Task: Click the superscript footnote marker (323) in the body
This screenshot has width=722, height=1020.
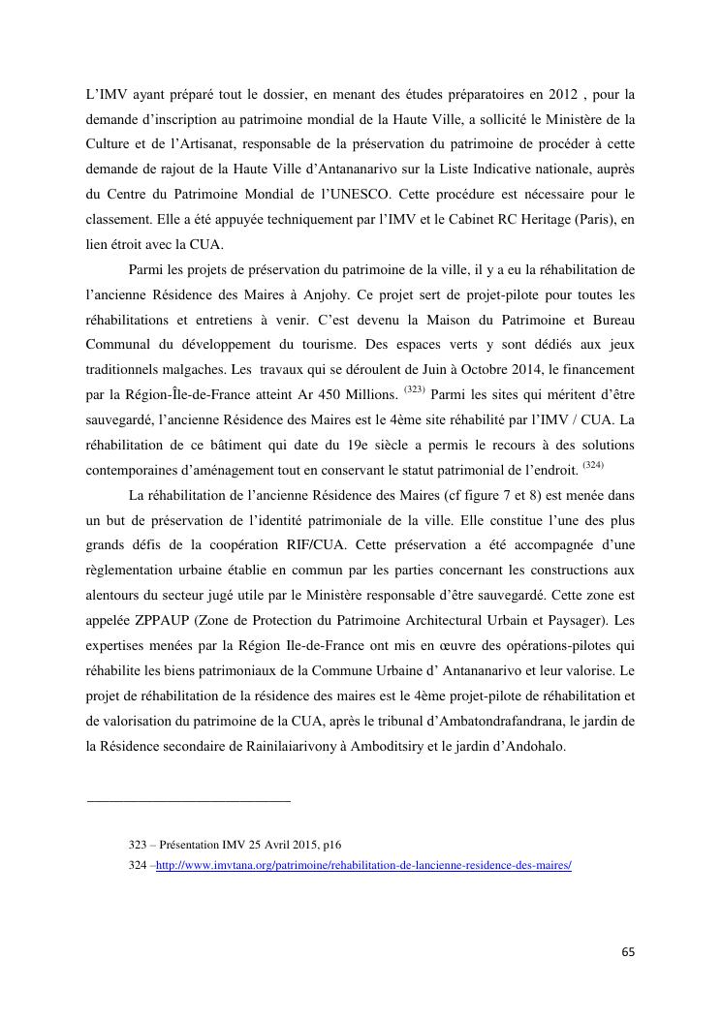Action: (x=412, y=390)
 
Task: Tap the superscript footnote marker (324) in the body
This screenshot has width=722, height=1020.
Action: (x=593, y=465)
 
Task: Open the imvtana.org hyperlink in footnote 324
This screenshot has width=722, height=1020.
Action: (x=363, y=865)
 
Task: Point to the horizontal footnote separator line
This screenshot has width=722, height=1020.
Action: (x=189, y=801)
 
